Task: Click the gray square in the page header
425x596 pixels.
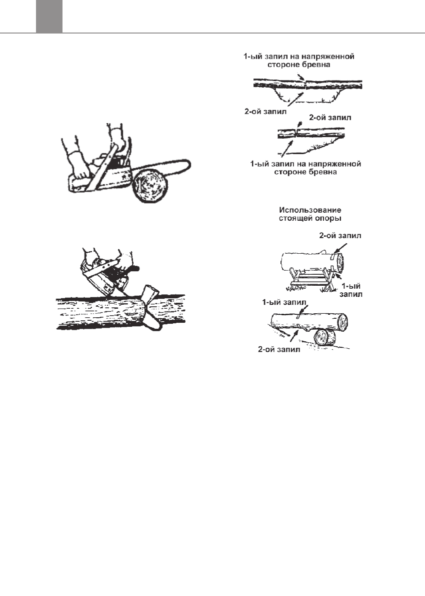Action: (x=49, y=17)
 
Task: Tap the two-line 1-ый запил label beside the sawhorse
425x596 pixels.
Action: (x=352, y=290)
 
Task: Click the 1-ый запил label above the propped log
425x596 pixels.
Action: (x=285, y=302)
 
